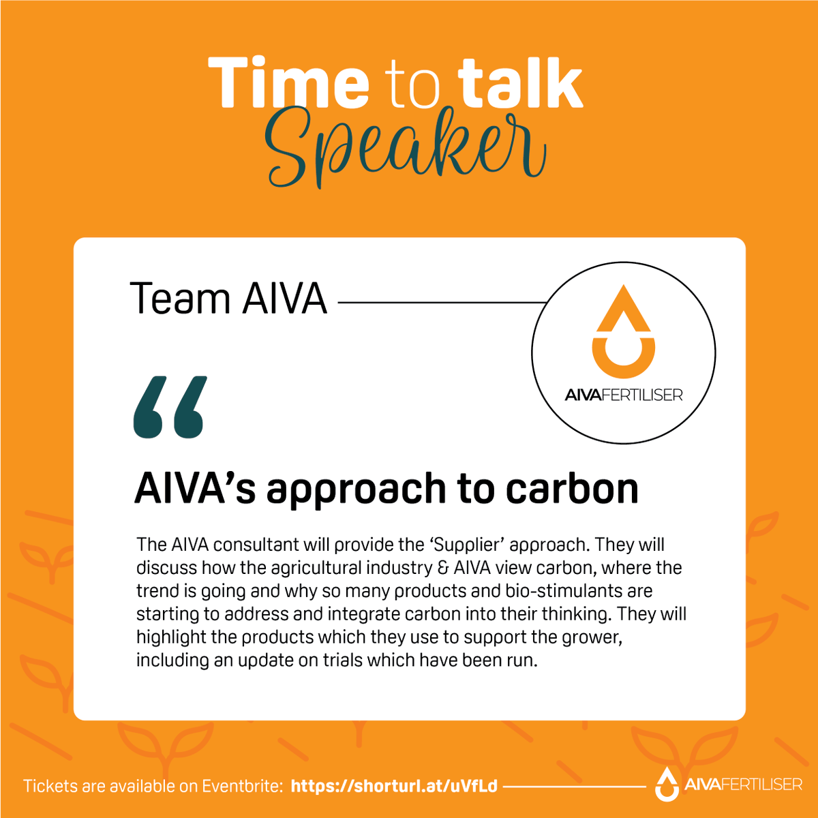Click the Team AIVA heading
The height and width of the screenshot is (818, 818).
click(x=229, y=299)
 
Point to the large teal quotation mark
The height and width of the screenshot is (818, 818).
click(x=169, y=407)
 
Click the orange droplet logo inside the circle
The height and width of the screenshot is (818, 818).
click(x=624, y=333)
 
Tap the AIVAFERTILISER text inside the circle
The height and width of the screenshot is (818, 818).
click(x=624, y=395)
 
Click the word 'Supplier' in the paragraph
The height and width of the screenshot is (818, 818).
click(x=471, y=545)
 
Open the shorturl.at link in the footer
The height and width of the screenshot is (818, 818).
click(x=394, y=786)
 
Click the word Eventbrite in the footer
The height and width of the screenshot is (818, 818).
click(x=242, y=786)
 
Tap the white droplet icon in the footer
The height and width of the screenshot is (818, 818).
click(x=666, y=783)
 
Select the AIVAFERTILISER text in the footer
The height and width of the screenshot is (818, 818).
click(x=743, y=785)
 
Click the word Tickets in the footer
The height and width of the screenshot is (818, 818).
click(x=50, y=786)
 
